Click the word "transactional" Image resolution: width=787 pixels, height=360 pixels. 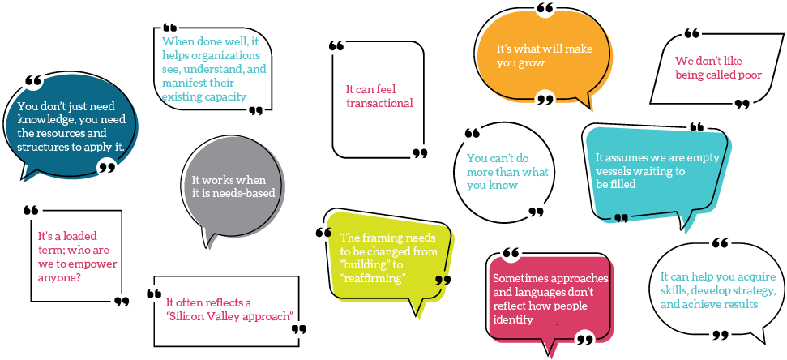pyautogui.click(x=379, y=103)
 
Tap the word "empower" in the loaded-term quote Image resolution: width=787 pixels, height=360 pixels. pyautogui.click(x=91, y=264)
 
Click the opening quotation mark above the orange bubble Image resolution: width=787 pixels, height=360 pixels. pyautogui.click(x=545, y=10)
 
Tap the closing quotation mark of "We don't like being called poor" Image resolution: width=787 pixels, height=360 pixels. pyautogui.click(x=742, y=104)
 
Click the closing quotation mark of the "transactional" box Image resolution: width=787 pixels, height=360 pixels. pyautogui.click(x=419, y=152)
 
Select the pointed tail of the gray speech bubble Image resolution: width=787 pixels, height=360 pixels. pyautogui.click(x=209, y=243)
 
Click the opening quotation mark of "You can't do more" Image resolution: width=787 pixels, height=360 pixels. pyautogui.click(x=473, y=133)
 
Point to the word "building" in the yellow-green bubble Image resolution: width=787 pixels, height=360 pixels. pyautogui.click(x=366, y=265)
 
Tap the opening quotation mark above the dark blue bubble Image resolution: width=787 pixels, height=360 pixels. pyautogui.click(x=33, y=81)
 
